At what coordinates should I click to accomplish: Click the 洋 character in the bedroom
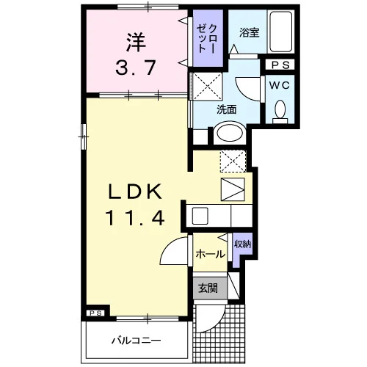click(136, 42)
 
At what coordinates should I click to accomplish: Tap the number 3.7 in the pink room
click(135, 68)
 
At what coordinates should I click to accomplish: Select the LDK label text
click(135, 192)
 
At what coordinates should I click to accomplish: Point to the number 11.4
click(135, 218)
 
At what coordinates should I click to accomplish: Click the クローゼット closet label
click(207, 38)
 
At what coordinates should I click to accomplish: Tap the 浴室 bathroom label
click(249, 32)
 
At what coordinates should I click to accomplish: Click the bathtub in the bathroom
click(280, 32)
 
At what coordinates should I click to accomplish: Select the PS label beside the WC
click(281, 65)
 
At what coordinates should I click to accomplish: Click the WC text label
click(280, 85)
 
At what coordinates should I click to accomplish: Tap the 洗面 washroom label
click(227, 110)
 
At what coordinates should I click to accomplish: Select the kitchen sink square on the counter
click(200, 216)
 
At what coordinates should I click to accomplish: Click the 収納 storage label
click(242, 244)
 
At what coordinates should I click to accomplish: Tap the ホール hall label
click(210, 254)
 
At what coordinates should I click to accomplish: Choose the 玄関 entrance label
click(208, 288)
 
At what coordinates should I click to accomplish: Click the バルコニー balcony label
click(137, 341)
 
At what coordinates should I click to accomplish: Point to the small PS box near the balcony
click(95, 313)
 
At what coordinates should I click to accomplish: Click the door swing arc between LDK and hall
click(170, 244)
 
